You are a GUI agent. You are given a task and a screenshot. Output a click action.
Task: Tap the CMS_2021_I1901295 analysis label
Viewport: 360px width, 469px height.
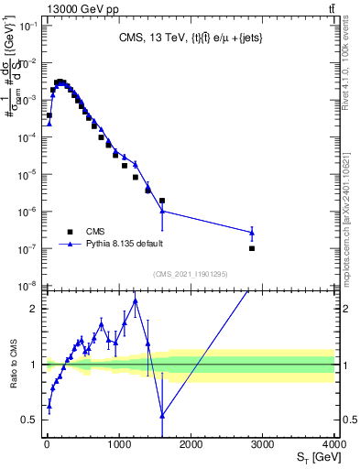click(191, 274)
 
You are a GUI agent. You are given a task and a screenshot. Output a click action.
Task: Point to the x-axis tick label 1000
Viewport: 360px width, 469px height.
click(118, 446)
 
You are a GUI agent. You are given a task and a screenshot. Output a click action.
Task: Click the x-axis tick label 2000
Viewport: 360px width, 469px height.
click(191, 446)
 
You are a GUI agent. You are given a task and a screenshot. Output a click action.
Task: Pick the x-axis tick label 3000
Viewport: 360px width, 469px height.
click(263, 446)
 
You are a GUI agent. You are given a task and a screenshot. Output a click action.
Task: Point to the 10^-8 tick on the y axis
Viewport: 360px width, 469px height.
click(27, 286)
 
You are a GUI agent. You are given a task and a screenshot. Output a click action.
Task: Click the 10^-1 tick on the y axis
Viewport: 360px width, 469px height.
click(27, 26)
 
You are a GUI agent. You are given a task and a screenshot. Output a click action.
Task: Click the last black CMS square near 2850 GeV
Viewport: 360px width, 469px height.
click(252, 248)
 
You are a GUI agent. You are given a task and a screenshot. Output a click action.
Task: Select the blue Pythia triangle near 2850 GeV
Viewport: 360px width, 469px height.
click(252, 233)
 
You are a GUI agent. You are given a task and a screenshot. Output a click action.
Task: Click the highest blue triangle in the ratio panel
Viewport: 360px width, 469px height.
click(135, 300)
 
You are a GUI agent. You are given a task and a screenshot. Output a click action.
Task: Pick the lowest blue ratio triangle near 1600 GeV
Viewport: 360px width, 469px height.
click(162, 415)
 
